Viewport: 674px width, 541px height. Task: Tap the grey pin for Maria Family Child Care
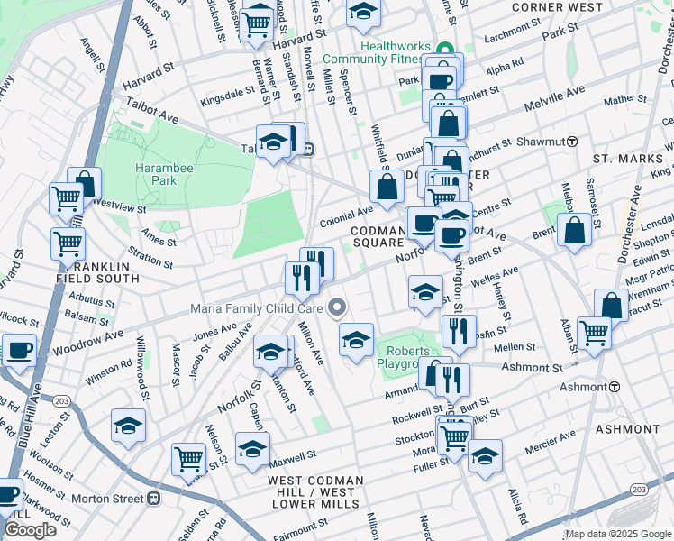coord(338,309)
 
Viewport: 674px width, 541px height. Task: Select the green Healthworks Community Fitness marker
coord(442,50)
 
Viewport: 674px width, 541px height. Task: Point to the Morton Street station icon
coord(155,498)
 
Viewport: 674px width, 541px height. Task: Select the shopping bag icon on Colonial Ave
coord(387,188)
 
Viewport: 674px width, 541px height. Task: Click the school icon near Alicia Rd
coord(485,456)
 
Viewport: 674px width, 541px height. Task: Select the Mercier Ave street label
coord(550,441)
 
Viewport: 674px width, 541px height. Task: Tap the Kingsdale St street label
coord(227,96)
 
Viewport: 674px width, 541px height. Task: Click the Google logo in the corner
coord(30,530)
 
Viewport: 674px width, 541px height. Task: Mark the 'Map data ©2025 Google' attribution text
coord(618,534)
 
